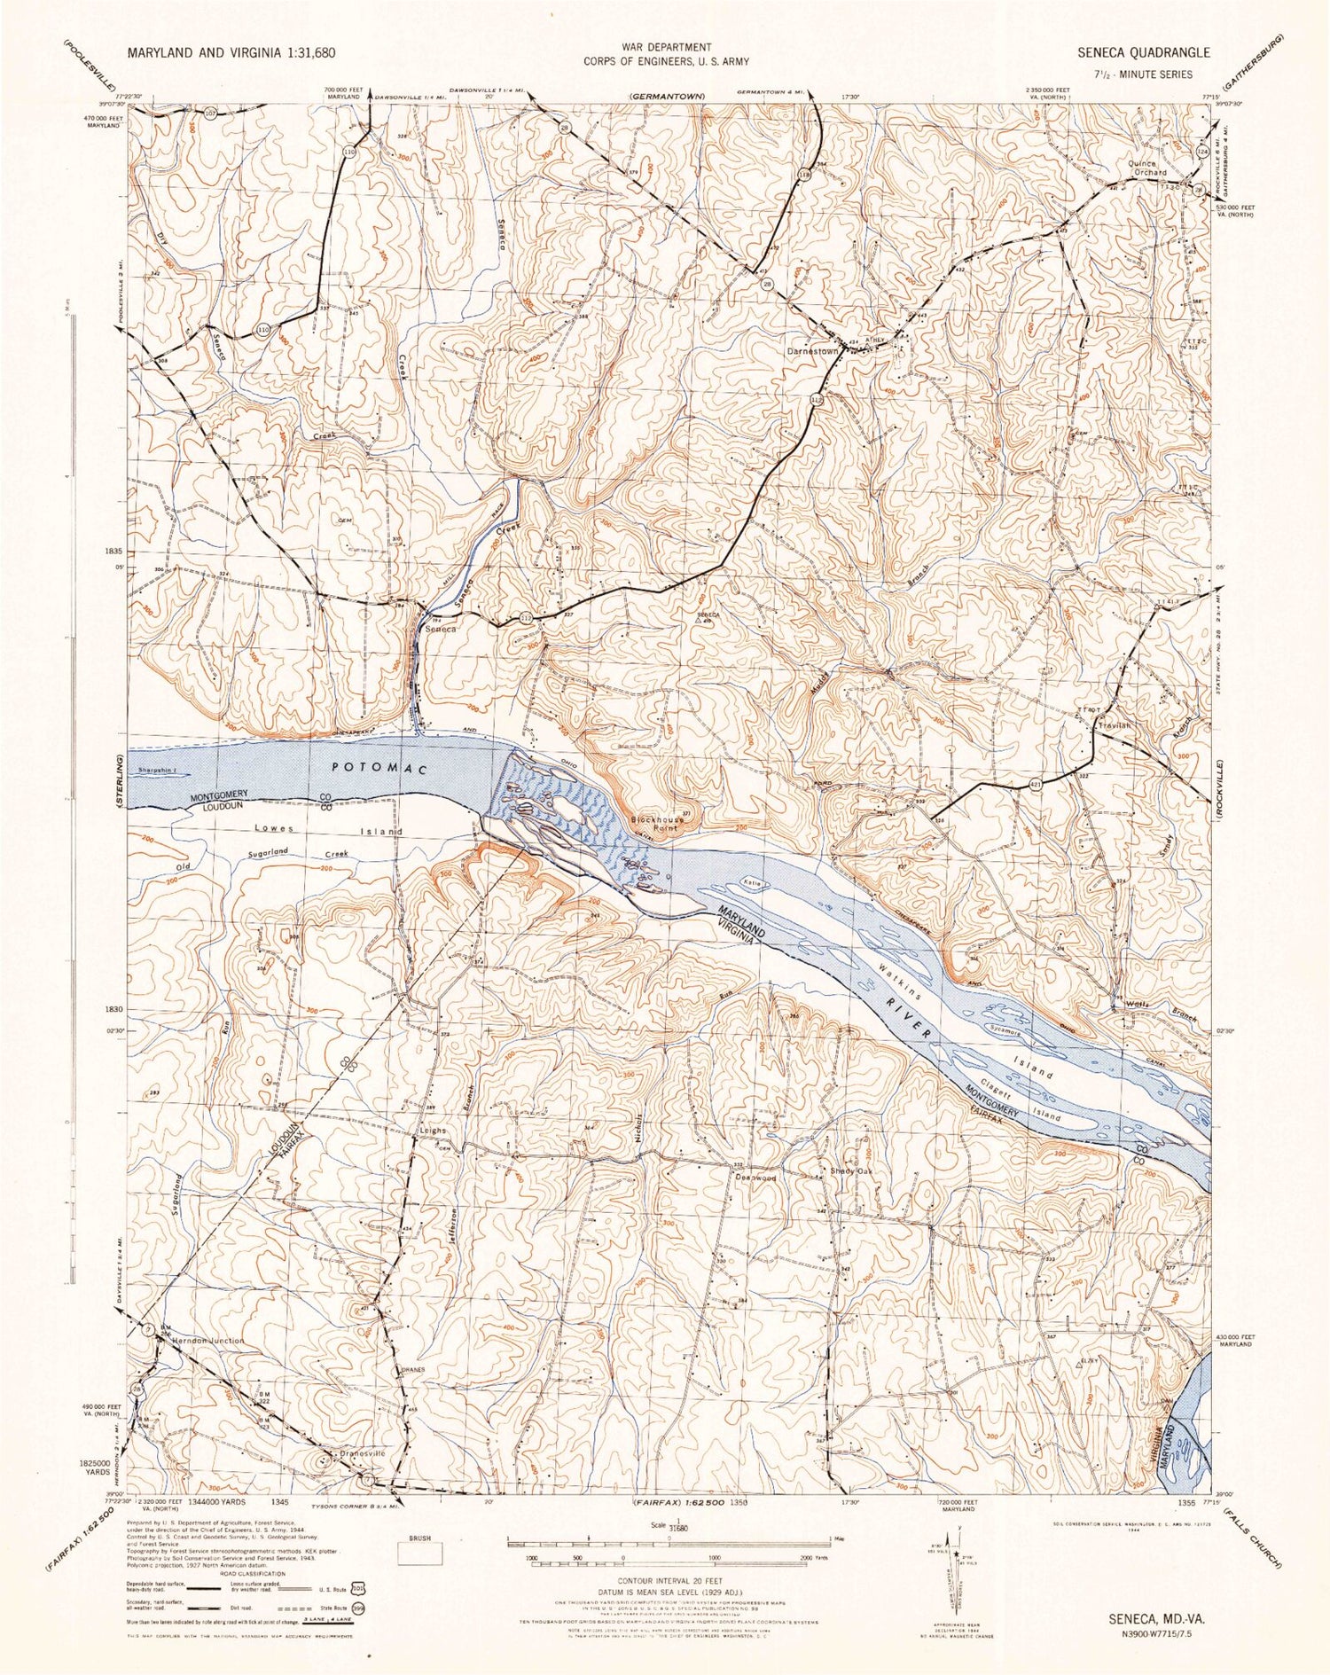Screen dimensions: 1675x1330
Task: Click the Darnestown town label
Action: click(813, 351)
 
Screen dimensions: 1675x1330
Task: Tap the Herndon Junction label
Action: click(207, 1341)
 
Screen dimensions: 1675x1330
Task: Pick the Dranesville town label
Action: click(364, 1454)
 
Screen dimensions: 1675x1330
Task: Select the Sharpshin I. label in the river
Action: click(162, 770)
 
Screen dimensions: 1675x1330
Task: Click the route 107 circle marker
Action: click(210, 113)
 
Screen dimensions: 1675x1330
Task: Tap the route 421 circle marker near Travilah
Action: click(1036, 784)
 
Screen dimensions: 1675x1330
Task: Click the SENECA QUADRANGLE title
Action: click(1143, 52)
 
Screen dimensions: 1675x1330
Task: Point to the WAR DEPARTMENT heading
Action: click(665, 47)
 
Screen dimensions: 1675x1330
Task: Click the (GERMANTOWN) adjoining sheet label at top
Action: click(667, 96)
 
